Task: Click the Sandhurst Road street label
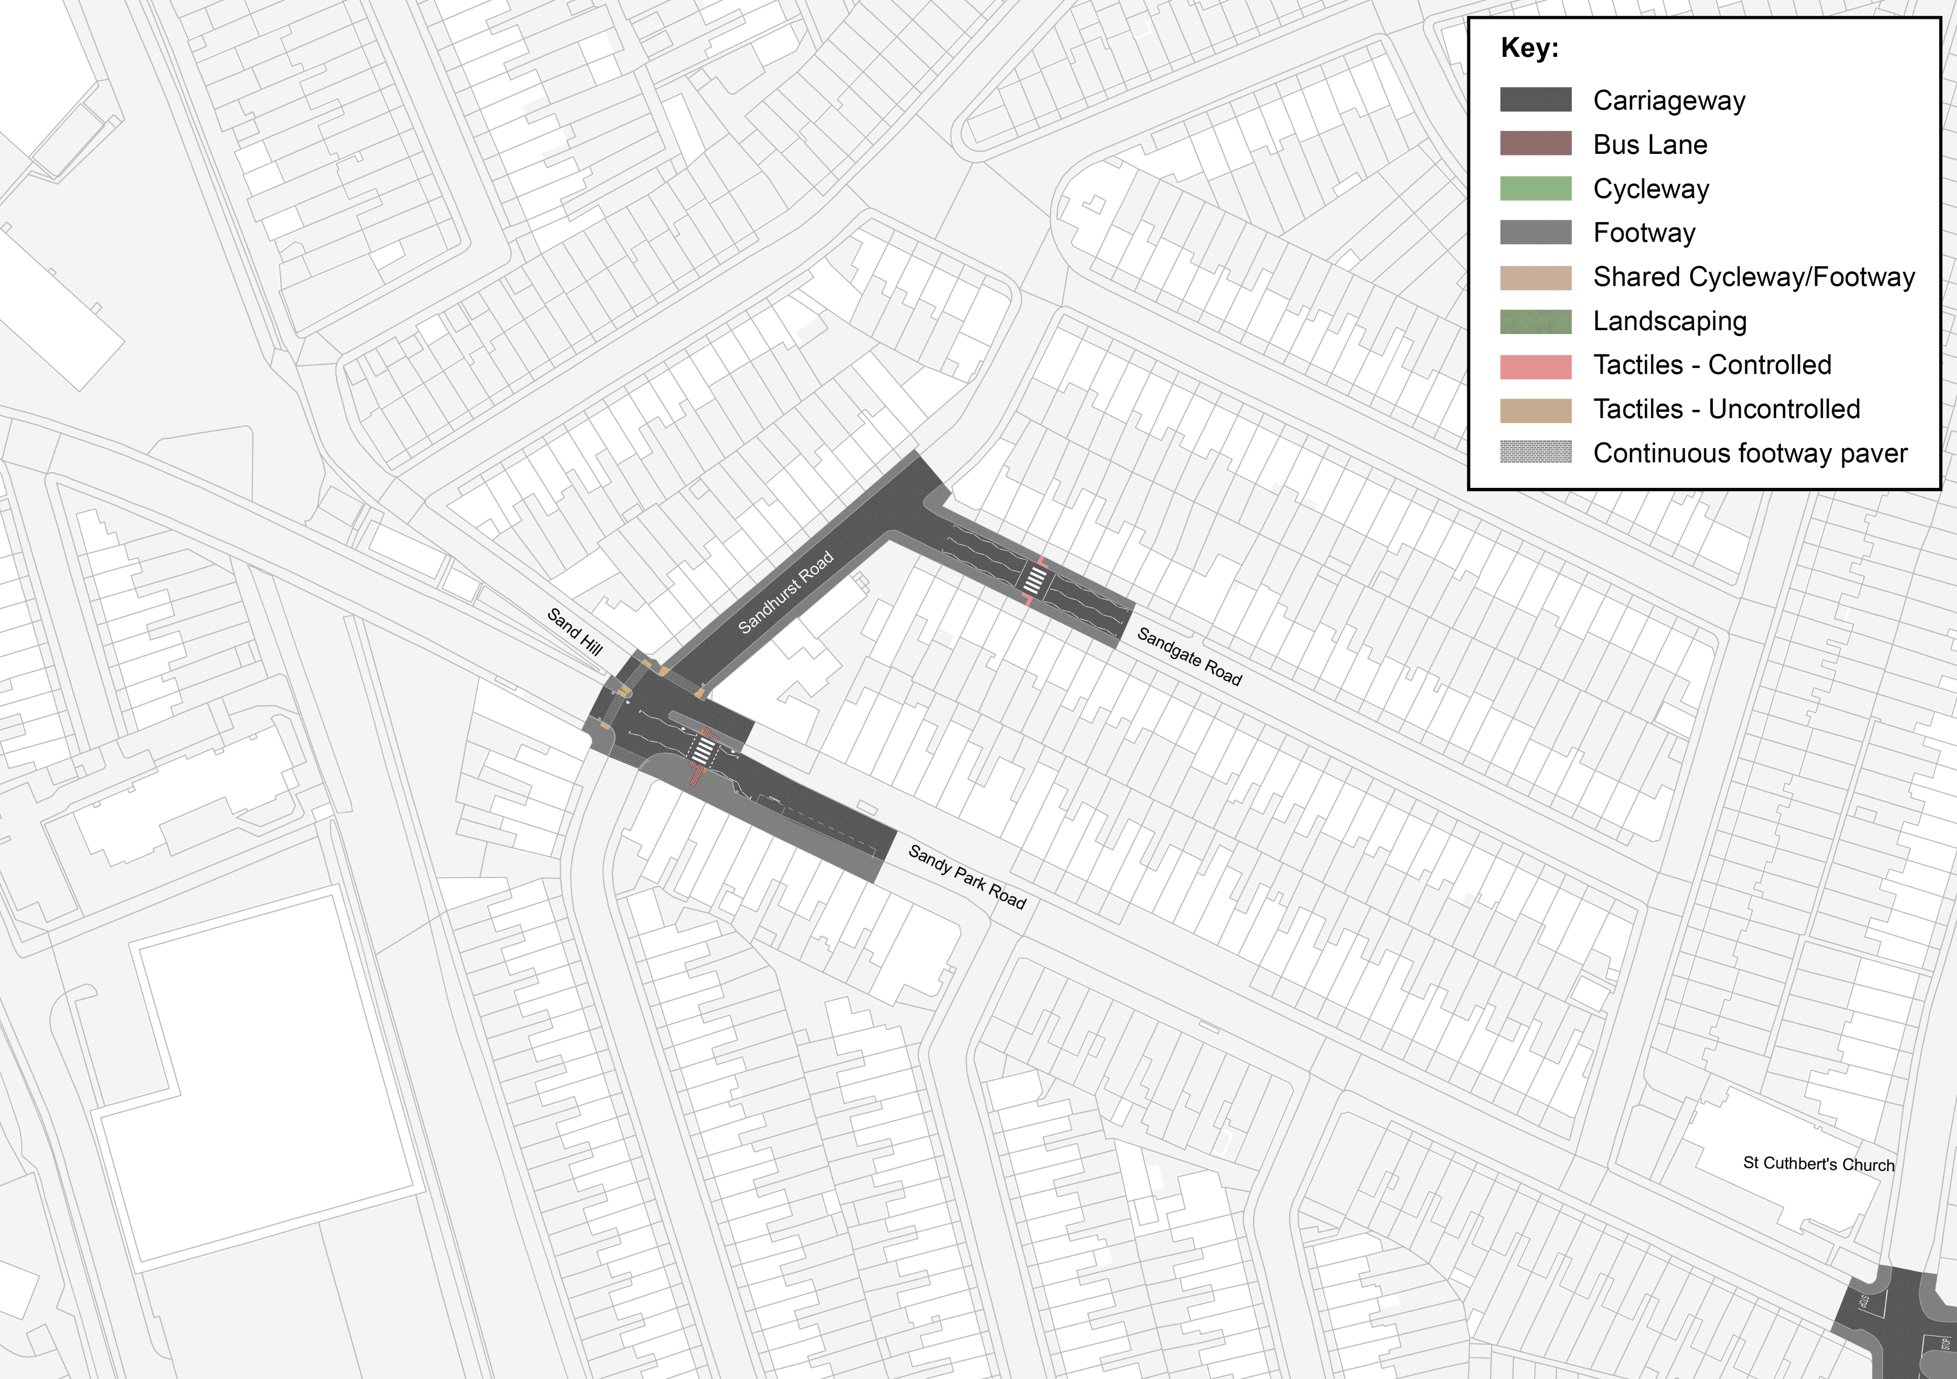(785, 593)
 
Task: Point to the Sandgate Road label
(1189, 656)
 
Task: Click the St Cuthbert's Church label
(1818, 1164)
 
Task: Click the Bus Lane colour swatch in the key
(1535, 143)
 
